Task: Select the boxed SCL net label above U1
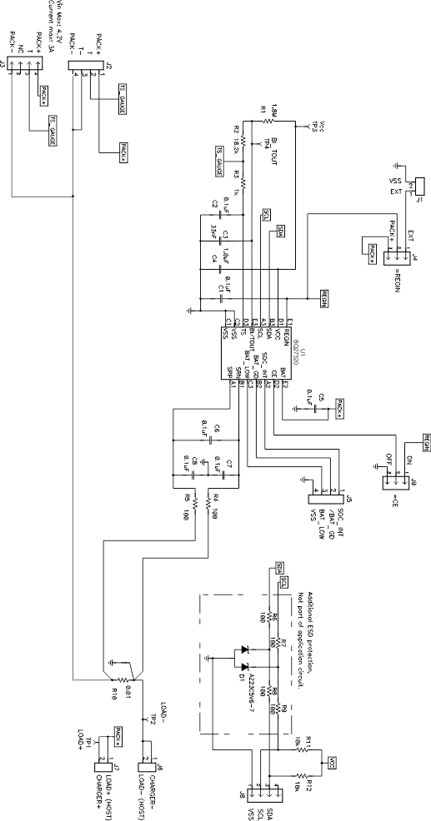[x=266, y=215]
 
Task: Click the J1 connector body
[x=418, y=185]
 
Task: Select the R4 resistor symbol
[x=204, y=503]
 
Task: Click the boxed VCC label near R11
[x=331, y=762]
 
